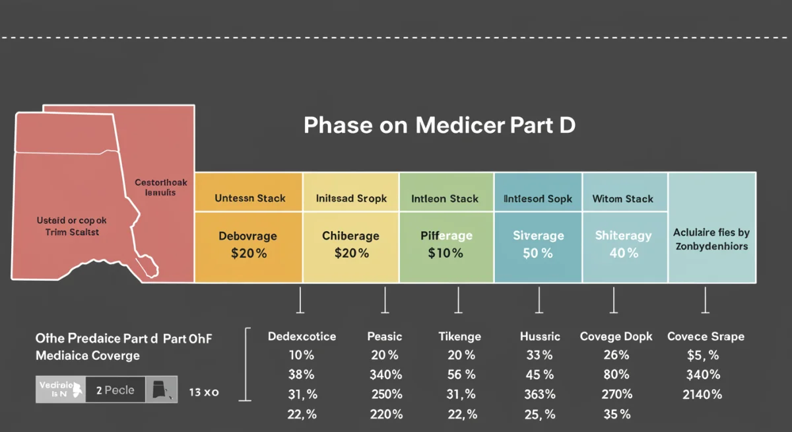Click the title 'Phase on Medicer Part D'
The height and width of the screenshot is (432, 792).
pyautogui.click(x=439, y=126)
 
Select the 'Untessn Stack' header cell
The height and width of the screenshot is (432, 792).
pyautogui.click(x=250, y=198)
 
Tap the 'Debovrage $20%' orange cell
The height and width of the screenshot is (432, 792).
pyautogui.click(x=247, y=244)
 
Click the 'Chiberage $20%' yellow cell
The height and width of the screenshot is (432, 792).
pyautogui.click(x=350, y=244)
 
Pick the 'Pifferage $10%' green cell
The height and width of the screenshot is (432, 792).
pyautogui.click(x=445, y=244)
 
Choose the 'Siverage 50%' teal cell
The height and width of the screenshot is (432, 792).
pyautogui.click(x=538, y=244)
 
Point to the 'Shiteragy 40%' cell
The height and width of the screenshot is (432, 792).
pyautogui.click(x=624, y=244)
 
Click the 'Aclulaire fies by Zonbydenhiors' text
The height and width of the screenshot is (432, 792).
pyautogui.click(x=711, y=239)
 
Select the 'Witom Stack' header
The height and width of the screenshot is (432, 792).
pyautogui.click(x=622, y=198)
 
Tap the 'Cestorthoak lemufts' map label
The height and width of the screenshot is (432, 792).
pyautogui.click(x=161, y=188)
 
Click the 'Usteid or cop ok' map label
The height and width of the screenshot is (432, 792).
pyautogui.click(x=72, y=226)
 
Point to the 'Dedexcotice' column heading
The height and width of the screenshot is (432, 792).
pyautogui.click(x=302, y=336)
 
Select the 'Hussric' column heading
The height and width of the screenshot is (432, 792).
pyautogui.click(x=540, y=336)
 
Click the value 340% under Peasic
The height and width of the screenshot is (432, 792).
pyautogui.click(x=385, y=375)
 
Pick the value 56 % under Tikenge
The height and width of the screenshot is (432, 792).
pyautogui.click(x=461, y=375)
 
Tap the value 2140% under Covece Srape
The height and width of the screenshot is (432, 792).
pyautogui.click(x=702, y=394)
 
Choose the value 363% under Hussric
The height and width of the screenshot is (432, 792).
pyautogui.click(x=539, y=394)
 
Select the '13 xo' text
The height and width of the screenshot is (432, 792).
pyautogui.click(x=203, y=392)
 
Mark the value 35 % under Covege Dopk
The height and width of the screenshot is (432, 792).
pyautogui.click(x=616, y=414)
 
